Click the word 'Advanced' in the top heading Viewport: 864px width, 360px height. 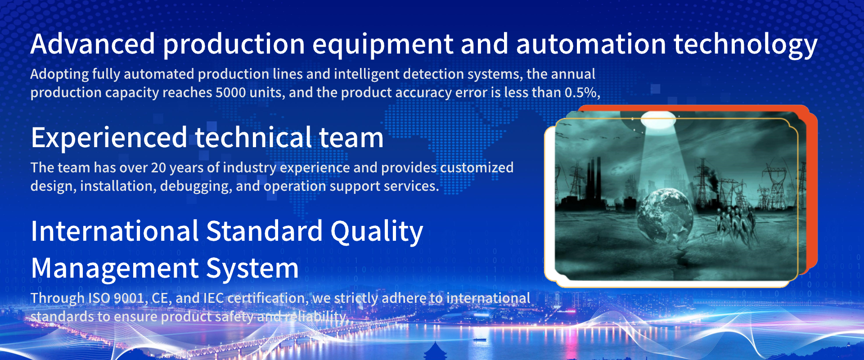(93, 44)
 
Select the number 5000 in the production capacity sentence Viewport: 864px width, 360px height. (230, 93)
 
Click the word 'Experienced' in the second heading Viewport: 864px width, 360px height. (109, 138)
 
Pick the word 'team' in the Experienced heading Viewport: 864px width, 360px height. (351, 138)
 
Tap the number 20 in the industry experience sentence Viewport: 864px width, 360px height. (159, 168)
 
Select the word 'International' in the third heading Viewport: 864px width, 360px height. (115, 231)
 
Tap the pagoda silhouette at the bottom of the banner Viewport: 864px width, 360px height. (436, 351)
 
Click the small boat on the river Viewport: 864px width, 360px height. (479, 339)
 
